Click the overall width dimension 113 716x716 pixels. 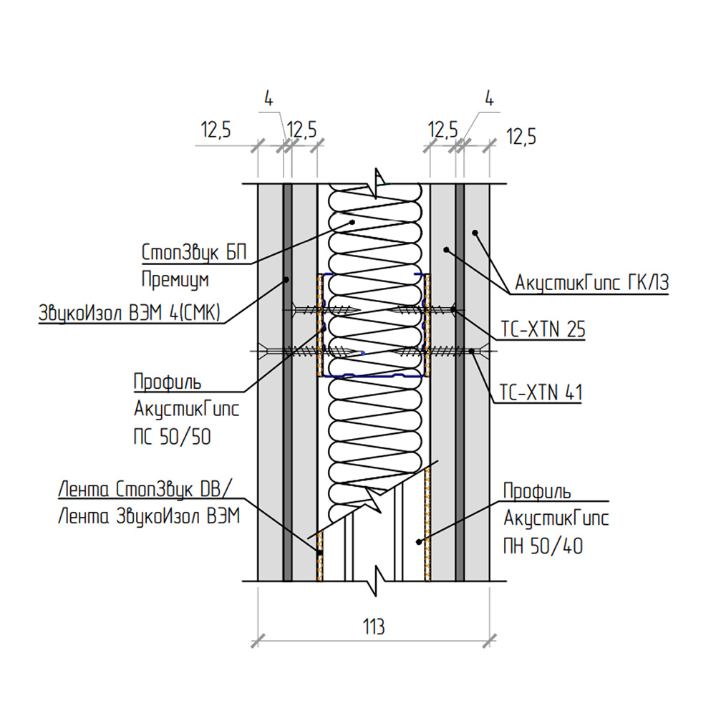[x=374, y=626]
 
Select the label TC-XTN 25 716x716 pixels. [x=543, y=329]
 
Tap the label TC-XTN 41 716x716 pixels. [x=541, y=392]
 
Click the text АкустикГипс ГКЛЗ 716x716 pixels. [x=592, y=283]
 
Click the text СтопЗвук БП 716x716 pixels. [x=194, y=253]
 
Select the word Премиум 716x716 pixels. [x=175, y=279]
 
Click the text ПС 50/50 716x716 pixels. [x=172, y=437]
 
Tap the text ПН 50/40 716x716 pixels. [x=543, y=546]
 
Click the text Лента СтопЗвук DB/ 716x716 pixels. [x=145, y=490]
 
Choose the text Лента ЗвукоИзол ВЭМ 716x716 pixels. [x=149, y=516]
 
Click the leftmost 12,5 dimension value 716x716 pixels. [x=216, y=130]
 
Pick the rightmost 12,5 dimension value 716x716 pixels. [x=521, y=137]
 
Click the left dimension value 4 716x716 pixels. [x=268, y=99]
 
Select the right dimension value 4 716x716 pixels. [x=489, y=99]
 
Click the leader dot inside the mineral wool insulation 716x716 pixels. [x=352, y=223]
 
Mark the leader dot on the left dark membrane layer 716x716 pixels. [x=287, y=279]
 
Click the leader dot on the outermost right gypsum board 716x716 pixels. [x=475, y=233]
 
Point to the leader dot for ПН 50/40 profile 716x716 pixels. [x=418, y=542]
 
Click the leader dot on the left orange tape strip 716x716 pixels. [x=319, y=553]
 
